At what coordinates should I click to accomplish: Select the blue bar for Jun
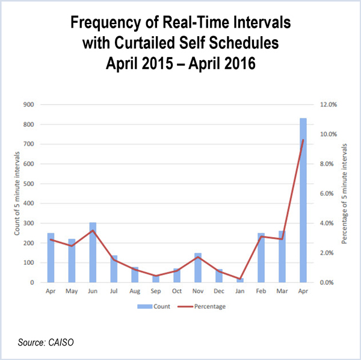point(93,252)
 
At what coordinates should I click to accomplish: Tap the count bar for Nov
point(198,268)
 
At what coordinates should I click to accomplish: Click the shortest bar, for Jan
point(240,281)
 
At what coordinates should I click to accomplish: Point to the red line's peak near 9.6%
point(303,140)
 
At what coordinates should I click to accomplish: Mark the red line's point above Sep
point(156,276)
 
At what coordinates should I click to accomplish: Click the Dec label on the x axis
point(219,291)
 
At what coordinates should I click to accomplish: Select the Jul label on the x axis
point(114,291)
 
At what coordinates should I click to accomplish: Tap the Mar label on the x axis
point(282,291)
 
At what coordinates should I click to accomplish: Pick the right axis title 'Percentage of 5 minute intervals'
point(344,193)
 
